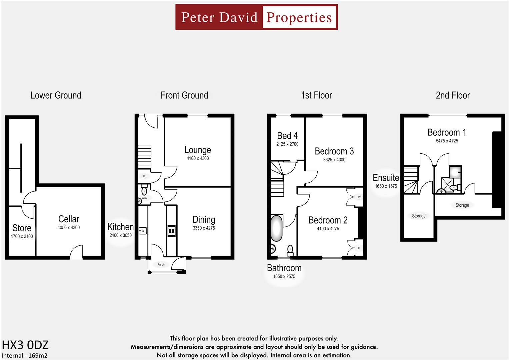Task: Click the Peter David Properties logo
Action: click(256, 17)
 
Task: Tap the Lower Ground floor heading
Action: click(56, 95)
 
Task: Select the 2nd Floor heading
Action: click(453, 95)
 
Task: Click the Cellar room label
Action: click(69, 219)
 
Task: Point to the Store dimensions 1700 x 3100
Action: click(22, 236)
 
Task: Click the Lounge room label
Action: click(198, 150)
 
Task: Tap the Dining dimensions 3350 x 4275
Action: click(204, 228)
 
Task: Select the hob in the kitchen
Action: click(171, 231)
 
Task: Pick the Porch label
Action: click(161, 265)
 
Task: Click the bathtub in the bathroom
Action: click(276, 228)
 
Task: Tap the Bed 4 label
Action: click(287, 136)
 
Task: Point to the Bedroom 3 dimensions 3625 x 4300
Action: click(334, 160)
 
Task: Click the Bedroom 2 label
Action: click(328, 220)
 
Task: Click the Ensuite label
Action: click(386, 178)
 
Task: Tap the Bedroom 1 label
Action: click(447, 132)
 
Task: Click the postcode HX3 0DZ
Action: click(25, 345)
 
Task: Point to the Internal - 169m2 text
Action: click(25, 355)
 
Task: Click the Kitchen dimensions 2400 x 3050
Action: click(121, 235)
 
